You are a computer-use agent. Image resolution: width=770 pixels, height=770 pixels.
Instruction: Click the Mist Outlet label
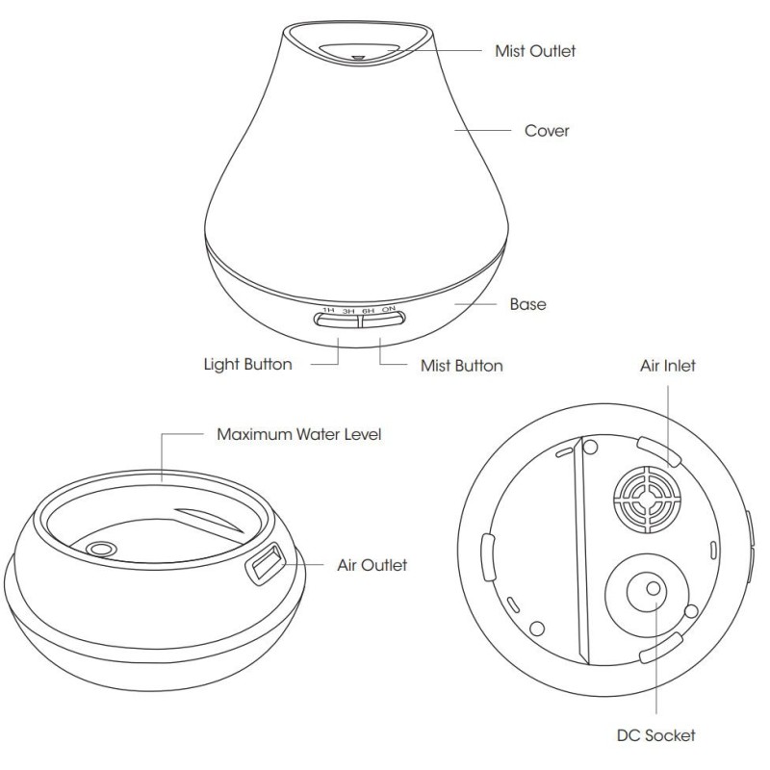pos(535,51)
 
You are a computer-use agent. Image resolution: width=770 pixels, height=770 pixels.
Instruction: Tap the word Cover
pos(547,131)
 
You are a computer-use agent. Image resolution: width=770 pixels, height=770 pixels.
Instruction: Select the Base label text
pos(527,304)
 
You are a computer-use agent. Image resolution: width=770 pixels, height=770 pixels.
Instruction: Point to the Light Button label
pos(248,365)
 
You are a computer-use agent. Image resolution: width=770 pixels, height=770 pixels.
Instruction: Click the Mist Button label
pos(462,366)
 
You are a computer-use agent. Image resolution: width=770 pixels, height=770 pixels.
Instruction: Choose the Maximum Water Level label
pos(299,434)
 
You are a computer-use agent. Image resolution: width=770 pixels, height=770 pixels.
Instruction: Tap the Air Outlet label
pos(372,565)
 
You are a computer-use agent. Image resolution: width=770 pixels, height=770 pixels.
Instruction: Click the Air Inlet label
pos(667,366)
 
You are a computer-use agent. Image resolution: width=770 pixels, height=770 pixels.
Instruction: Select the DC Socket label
pos(656,735)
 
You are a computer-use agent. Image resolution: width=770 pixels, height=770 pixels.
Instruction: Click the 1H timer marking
pos(328,310)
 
